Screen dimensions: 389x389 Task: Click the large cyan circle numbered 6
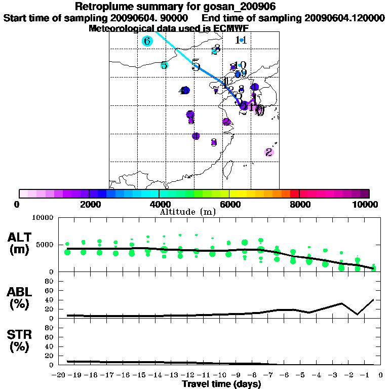point(147,41)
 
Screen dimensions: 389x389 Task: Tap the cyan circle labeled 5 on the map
point(164,65)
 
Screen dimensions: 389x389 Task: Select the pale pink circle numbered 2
point(269,152)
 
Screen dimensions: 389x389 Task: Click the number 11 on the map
point(241,40)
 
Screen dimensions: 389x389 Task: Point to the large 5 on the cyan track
point(196,66)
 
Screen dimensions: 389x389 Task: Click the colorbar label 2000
point(89,205)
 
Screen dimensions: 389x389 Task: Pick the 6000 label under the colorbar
point(229,205)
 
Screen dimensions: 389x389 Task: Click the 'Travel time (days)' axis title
point(221,384)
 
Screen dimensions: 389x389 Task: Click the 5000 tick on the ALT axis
point(45,245)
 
